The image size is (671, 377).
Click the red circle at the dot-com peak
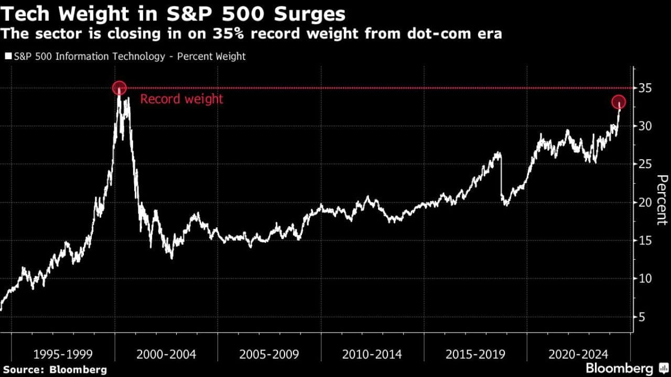tap(120, 88)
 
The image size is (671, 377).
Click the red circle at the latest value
tap(619, 102)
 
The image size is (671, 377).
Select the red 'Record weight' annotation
tap(181, 99)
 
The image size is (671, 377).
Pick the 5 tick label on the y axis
tap(641, 317)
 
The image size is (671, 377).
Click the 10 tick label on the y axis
tap(644, 279)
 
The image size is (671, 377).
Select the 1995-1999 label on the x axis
tap(62, 354)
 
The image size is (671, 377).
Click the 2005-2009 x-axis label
tap(269, 354)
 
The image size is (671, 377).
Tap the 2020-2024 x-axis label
tap(578, 354)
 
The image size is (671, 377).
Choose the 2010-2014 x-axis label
tap(372, 354)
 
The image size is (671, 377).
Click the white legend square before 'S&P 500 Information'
tap(7, 57)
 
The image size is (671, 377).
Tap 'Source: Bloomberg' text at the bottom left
tap(55, 370)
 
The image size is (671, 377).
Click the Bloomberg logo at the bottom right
tap(626, 368)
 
